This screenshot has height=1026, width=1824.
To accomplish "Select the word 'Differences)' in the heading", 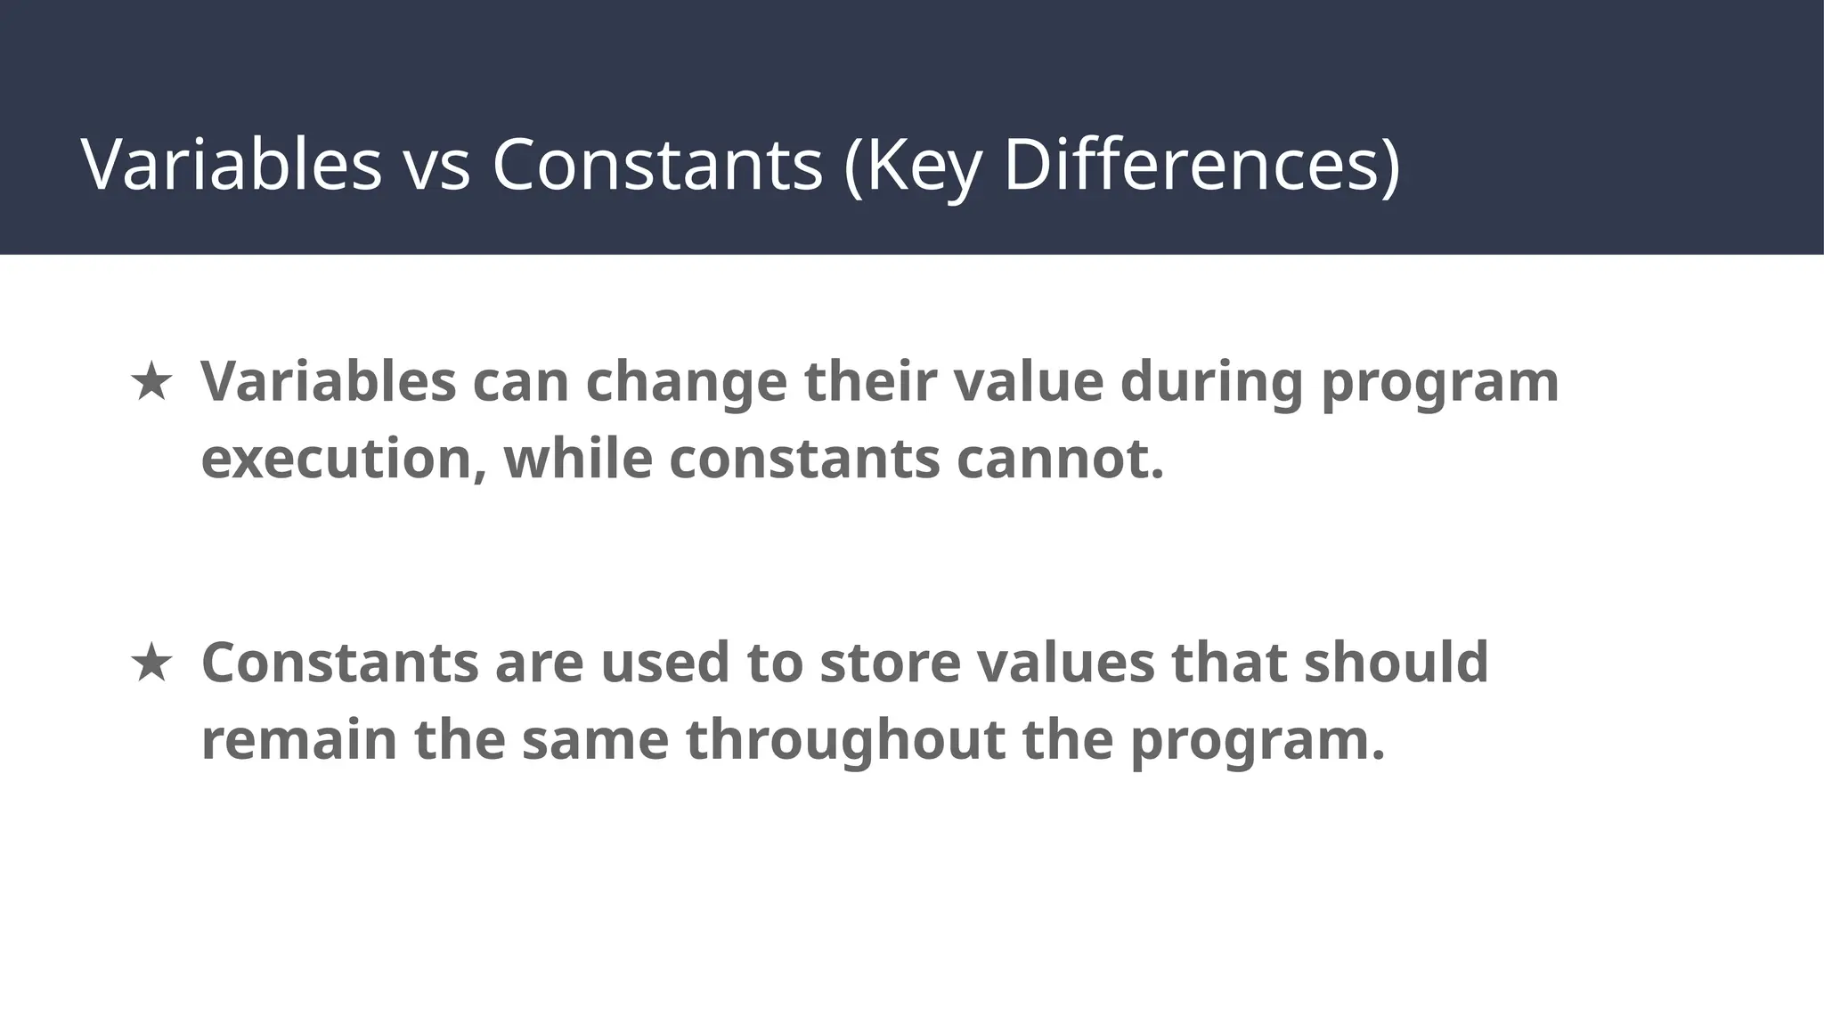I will tap(1201, 165).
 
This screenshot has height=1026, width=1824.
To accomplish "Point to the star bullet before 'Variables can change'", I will tap(151, 382).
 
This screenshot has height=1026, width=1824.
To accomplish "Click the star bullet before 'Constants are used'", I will tap(151, 664).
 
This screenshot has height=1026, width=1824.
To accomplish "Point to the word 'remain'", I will tap(299, 740).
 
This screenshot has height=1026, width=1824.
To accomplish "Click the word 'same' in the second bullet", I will tap(595, 740).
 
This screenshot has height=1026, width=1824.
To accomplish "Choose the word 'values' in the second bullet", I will tap(1065, 663).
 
